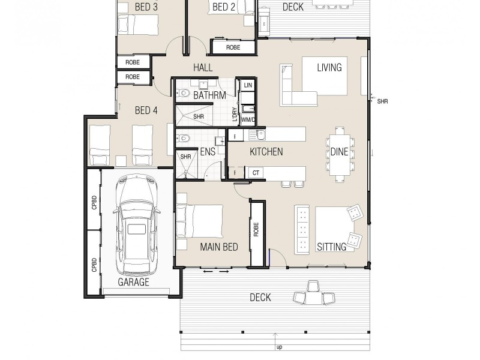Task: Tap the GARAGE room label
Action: click(133, 282)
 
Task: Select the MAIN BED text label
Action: click(219, 247)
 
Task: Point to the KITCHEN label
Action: click(266, 152)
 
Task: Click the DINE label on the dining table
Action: click(339, 152)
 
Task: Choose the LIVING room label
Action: click(329, 67)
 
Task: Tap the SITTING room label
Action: click(331, 247)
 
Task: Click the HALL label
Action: click(203, 68)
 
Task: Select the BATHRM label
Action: click(209, 95)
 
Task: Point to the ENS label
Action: click(208, 152)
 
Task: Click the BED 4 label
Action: click(146, 110)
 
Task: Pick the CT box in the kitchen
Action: click(256, 173)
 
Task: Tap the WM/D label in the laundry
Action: click(248, 119)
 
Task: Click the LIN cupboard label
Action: click(248, 86)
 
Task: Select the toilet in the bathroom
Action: click(183, 93)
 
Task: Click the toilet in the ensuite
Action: click(184, 139)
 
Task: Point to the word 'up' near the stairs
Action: click(279, 347)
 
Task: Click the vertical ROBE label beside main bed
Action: click(256, 229)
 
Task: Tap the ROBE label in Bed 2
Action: click(233, 47)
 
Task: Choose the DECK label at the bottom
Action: click(260, 297)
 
